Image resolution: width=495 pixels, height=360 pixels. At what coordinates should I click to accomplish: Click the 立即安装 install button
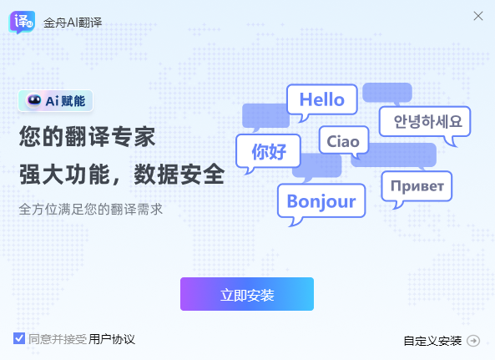point(247,294)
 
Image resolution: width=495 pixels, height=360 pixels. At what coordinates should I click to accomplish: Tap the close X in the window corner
point(478,16)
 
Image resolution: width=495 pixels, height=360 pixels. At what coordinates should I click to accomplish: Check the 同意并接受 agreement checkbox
point(19,338)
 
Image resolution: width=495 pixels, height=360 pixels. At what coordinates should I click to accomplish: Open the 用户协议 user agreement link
point(112,339)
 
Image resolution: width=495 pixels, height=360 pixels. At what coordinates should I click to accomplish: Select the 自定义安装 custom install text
point(432,340)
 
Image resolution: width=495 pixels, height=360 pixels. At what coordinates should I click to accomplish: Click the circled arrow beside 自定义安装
point(473,340)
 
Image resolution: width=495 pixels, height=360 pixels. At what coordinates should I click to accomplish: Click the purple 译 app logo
point(23,22)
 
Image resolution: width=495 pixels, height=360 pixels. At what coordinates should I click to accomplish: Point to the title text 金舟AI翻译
point(72,22)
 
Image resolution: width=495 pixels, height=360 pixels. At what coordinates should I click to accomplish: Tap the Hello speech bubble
point(321,99)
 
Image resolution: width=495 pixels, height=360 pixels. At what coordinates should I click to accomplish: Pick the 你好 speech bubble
point(268,152)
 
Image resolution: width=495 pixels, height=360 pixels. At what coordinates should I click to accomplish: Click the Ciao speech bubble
point(343,141)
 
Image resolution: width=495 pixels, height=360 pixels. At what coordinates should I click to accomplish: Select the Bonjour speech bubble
point(321,200)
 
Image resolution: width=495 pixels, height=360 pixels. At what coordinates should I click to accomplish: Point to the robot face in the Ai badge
point(34,100)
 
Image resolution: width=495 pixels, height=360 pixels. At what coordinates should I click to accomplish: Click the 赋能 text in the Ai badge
point(73,101)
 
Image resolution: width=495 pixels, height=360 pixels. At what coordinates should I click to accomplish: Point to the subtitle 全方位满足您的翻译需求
point(90,209)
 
